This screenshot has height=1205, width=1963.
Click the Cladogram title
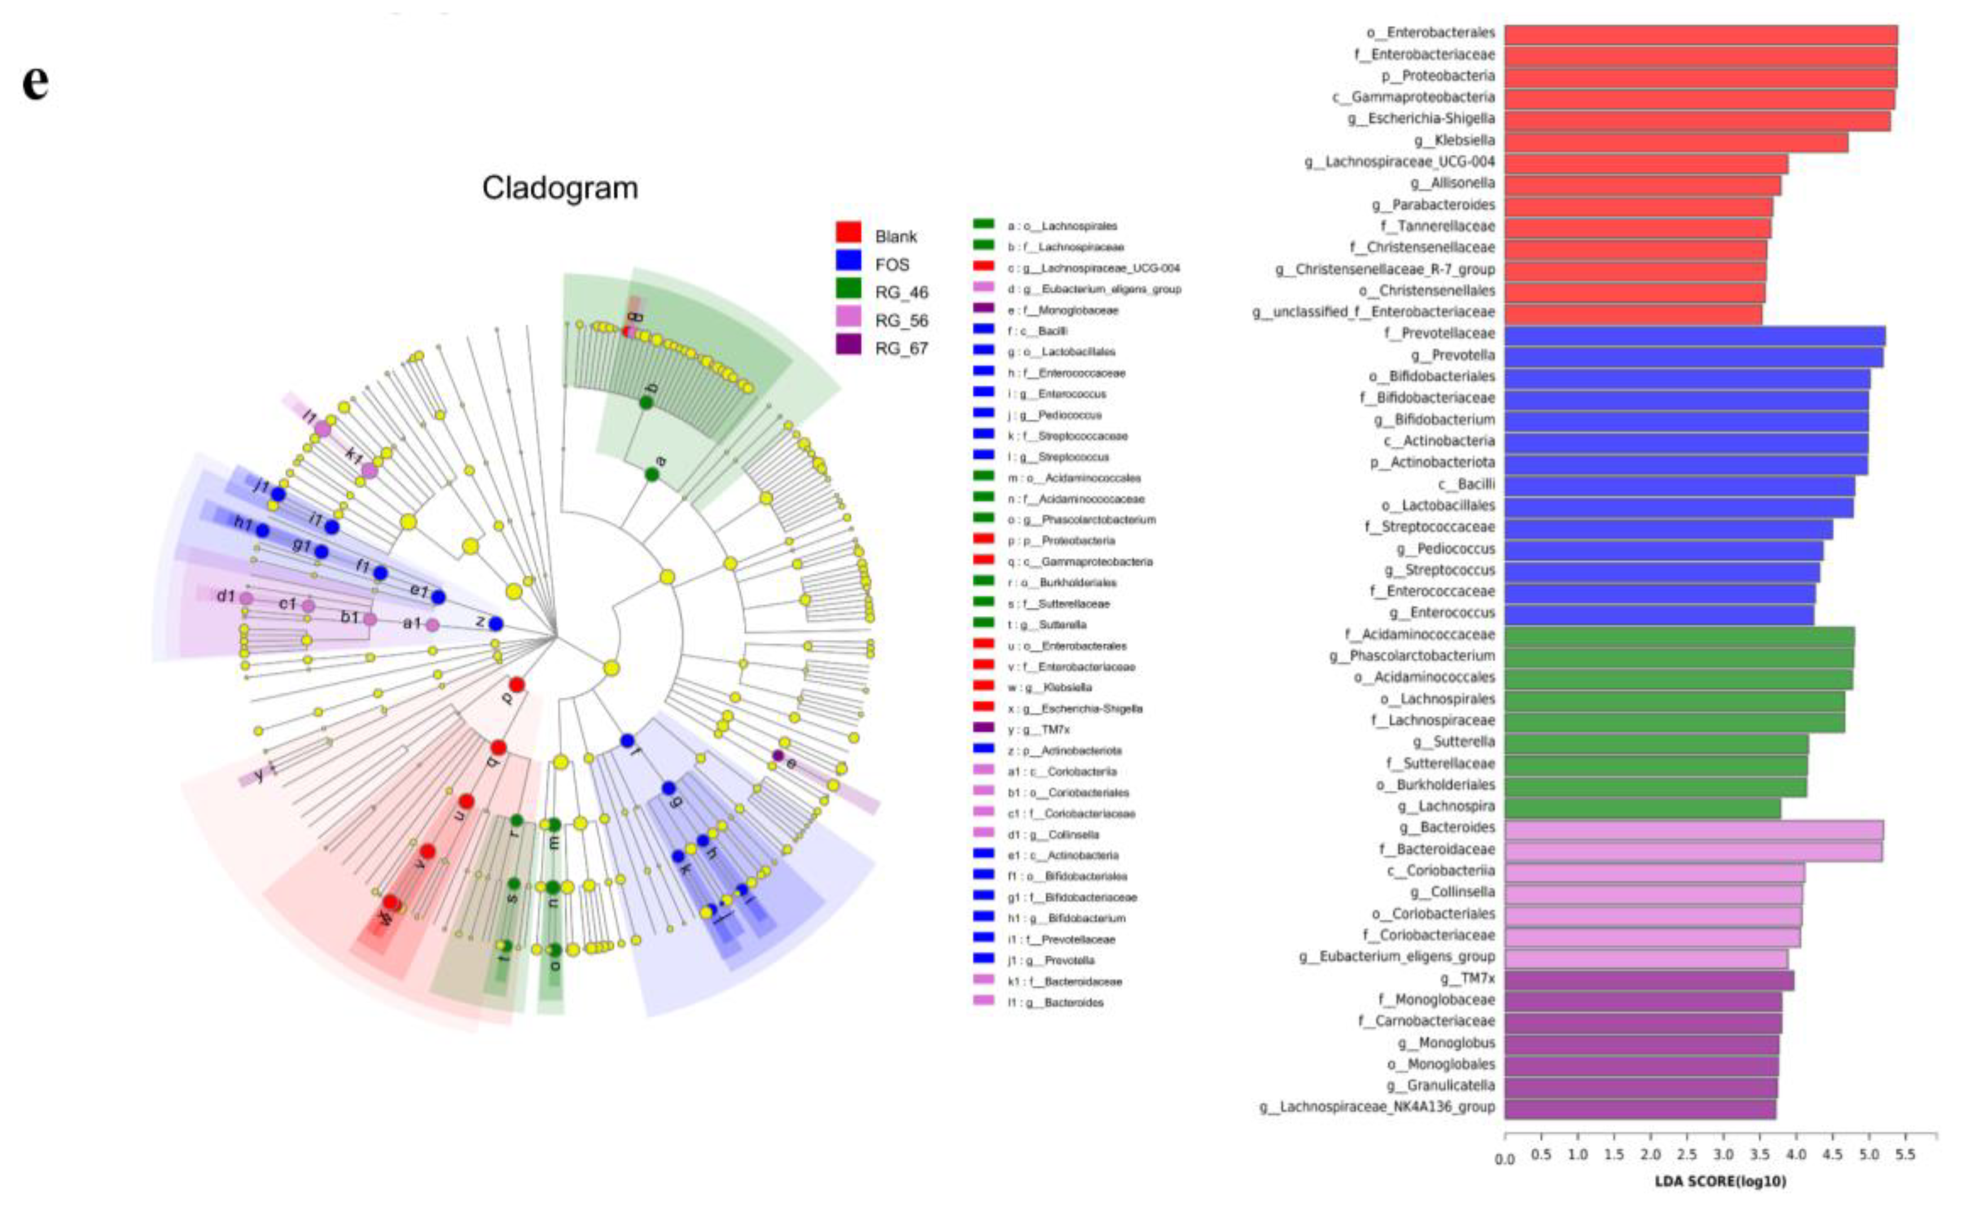click(559, 188)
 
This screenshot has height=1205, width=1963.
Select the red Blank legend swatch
click(848, 233)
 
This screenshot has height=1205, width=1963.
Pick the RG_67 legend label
click(901, 348)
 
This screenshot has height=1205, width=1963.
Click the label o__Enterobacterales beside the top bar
click(1431, 33)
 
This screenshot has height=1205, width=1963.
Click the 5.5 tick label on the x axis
click(1905, 1155)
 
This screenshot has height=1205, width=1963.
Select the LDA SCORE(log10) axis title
click(1720, 1181)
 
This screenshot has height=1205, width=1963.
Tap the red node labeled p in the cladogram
click(516, 684)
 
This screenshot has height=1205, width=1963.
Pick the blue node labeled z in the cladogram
click(496, 624)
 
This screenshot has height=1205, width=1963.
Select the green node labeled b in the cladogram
click(646, 403)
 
